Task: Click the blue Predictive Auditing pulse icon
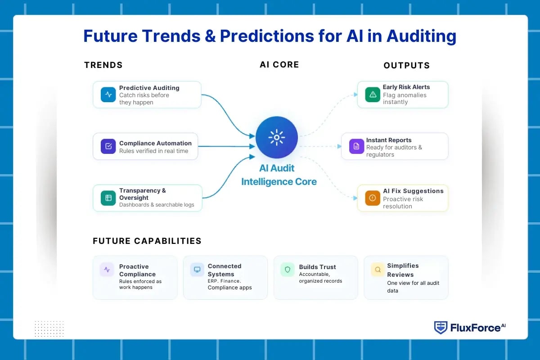pyautogui.click(x=108, y=94)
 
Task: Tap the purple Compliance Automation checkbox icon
pyautogui.click(x=108, y=146)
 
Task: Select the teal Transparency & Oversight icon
pyautogui.click(x=108, y=198)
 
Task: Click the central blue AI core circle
pyautogui.click(x=276, y=138)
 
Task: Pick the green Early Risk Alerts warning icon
pyautogui.click(x=373, y=94)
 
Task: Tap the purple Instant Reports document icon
pyautogui.click(x=356, y=146)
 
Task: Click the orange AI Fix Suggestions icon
pyautogui.click(x=373, y=198)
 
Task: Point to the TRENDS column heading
pyautogui.click(x=103, y=65)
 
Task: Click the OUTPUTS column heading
pyautogui.click(x=406, y=66)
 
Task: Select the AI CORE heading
pyautogui.click(x=279, y=65)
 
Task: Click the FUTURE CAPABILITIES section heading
pyautogui.click(x=147, y=241)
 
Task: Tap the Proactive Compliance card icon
pyautogui.click(x=107, y=270)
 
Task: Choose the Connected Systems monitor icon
pyautogui.click(x=197, y=270)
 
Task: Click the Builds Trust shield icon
pyautogui.click(x=288, y=270)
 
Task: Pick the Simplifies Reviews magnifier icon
pyautogui.click(x=378, y=270)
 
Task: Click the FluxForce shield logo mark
pyautogui.click(x=441, y=328)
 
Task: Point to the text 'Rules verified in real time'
pyautogui.click(x=153, y=151)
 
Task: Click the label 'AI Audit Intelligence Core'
pyautogui.click(x=279, y=175)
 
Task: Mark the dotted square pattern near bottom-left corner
pyautogui.click(x=49, y=328)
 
